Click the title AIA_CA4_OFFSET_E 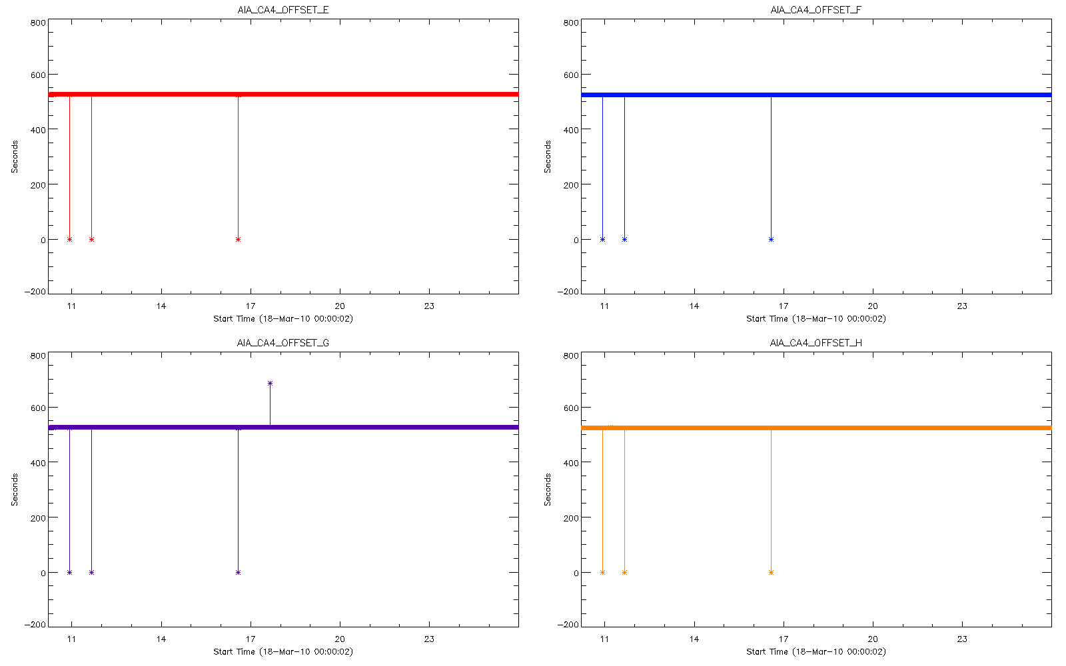(283, 10)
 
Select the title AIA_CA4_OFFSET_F (816, 10)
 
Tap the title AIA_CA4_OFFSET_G (283, 343)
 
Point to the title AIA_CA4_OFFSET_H (816, 343)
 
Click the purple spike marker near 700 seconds (270, 383)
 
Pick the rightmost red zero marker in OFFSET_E (238, 239)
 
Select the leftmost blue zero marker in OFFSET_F (602, 239)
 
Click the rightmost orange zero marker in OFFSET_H (771, 572)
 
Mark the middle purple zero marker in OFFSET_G (91, 572)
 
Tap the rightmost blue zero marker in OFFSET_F (771, 239)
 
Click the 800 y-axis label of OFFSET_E (38, 23)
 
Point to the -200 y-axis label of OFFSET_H (568, 625)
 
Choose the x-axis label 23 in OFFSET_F (962, 306)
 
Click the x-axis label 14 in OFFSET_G (161, 639)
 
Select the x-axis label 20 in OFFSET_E (340, 306)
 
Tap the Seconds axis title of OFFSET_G (15, 490)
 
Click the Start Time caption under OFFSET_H (816, 652)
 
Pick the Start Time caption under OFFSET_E (283, 319)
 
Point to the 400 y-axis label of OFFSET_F (571, 130)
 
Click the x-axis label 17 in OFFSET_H (784, 639)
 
